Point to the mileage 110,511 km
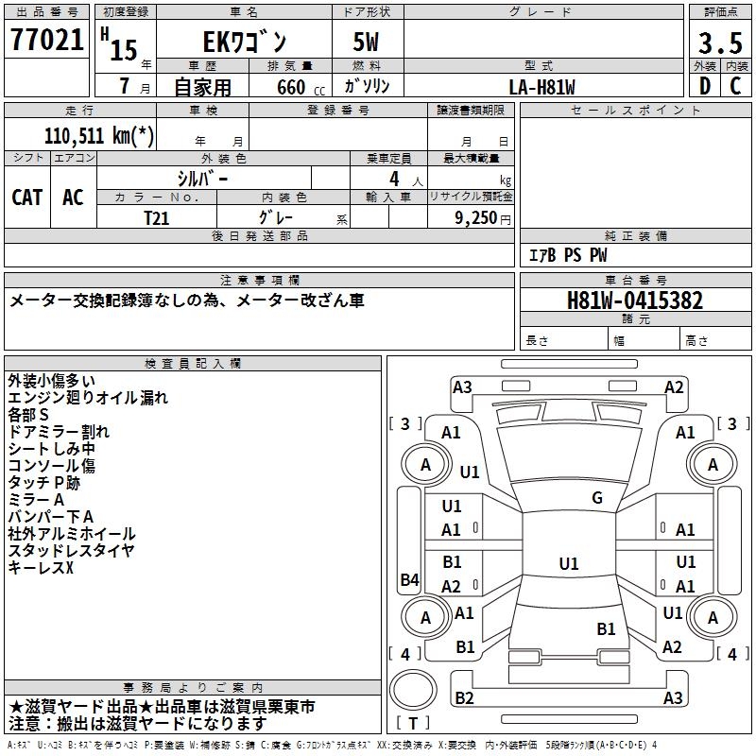click(x=99, y=135)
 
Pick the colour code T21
click(x=156, y=216)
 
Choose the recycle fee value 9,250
click(x=470, y=216)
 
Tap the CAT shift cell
click(x=27, y=197)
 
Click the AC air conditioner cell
click(x=73, y=197)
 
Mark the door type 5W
click(x=368, y=43)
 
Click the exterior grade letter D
click(x=704, y=86)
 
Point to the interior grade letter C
click(x=735, y=86)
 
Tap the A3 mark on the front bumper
click(x=462, y=387)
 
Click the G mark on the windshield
click(x=596, y=498)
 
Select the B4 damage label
click(x=409, y=580)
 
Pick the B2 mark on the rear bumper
click(x=464, y=698)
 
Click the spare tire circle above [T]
click(x=413, y=689)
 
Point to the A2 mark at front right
click(x=674, y=387)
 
